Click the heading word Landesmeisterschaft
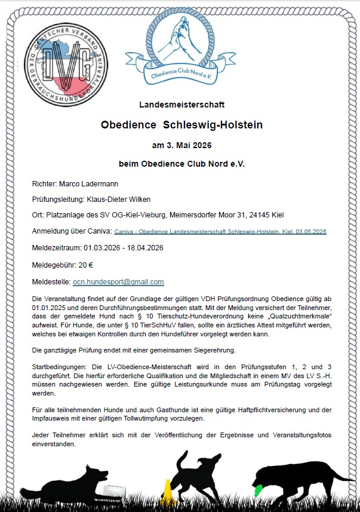(182, 104)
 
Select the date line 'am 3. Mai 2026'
(181, 145)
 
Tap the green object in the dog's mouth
(257, 490)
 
